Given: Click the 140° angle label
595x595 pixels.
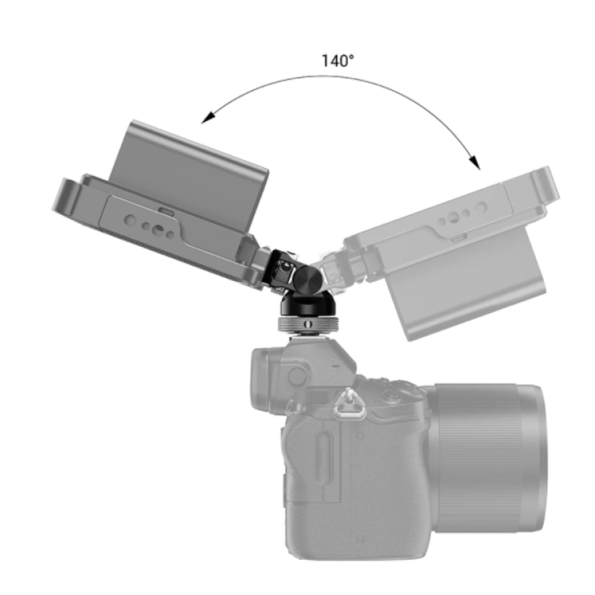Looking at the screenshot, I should pyautogui.click(x=338, y=61).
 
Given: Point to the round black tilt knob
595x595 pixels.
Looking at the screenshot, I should pyautogui.click(x=306, y=280).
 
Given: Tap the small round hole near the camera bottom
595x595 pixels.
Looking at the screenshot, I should pyautogui.click(x=359, y=538).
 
